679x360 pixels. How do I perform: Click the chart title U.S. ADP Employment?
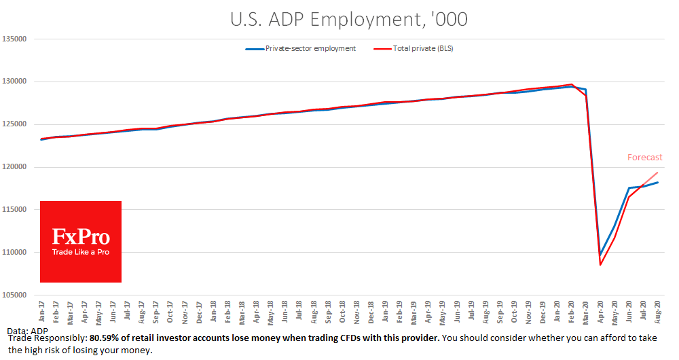339,20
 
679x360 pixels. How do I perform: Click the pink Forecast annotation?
644,158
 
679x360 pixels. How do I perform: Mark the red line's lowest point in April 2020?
600,265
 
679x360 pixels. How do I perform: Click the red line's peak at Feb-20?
572,84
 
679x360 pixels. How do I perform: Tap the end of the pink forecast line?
657,172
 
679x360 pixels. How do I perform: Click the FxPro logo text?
81,237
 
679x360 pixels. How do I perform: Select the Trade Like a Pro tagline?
81,252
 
